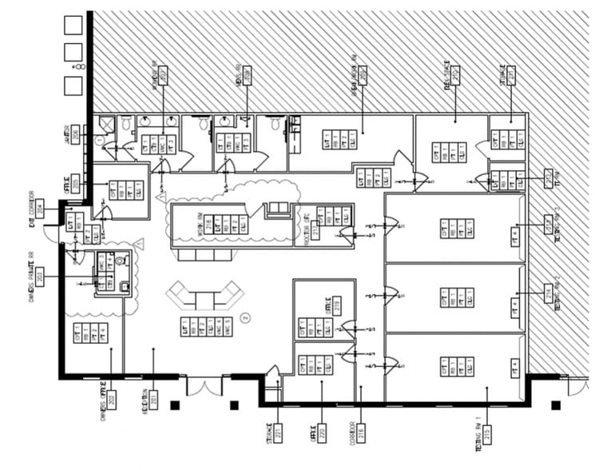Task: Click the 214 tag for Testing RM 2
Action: (x=548, y=295)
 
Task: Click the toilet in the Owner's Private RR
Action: (x=120, y=260)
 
